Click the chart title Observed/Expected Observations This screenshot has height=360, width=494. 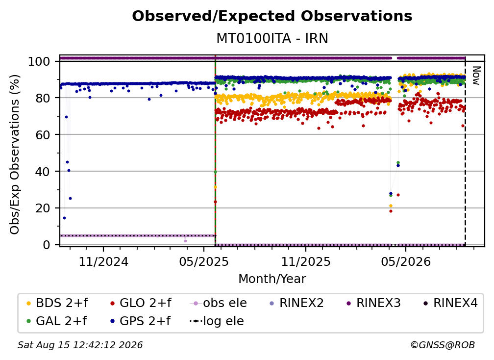point(272,16)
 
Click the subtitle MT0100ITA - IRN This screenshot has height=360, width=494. point(272,38)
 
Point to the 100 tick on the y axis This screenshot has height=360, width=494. point(39,61)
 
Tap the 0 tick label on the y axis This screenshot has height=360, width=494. point(47,245)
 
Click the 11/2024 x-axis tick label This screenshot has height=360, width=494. point(103,261)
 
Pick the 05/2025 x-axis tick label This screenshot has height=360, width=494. point(204,261)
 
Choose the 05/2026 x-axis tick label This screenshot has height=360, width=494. point(406,261)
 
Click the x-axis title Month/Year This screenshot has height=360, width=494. point(272,279)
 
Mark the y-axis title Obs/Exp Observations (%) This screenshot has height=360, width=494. point(15,154)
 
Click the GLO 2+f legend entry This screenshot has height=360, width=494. point(141,303)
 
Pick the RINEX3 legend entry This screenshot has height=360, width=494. point(373,303)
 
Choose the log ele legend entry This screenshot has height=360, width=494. point(217,321)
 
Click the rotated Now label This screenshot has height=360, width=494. point(476,76)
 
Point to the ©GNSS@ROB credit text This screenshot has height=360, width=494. point(443,345)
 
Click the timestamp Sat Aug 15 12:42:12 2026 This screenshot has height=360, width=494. point(80,345)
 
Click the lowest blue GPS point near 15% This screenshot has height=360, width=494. point(64,218)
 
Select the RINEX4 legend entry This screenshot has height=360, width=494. point(450,303)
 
